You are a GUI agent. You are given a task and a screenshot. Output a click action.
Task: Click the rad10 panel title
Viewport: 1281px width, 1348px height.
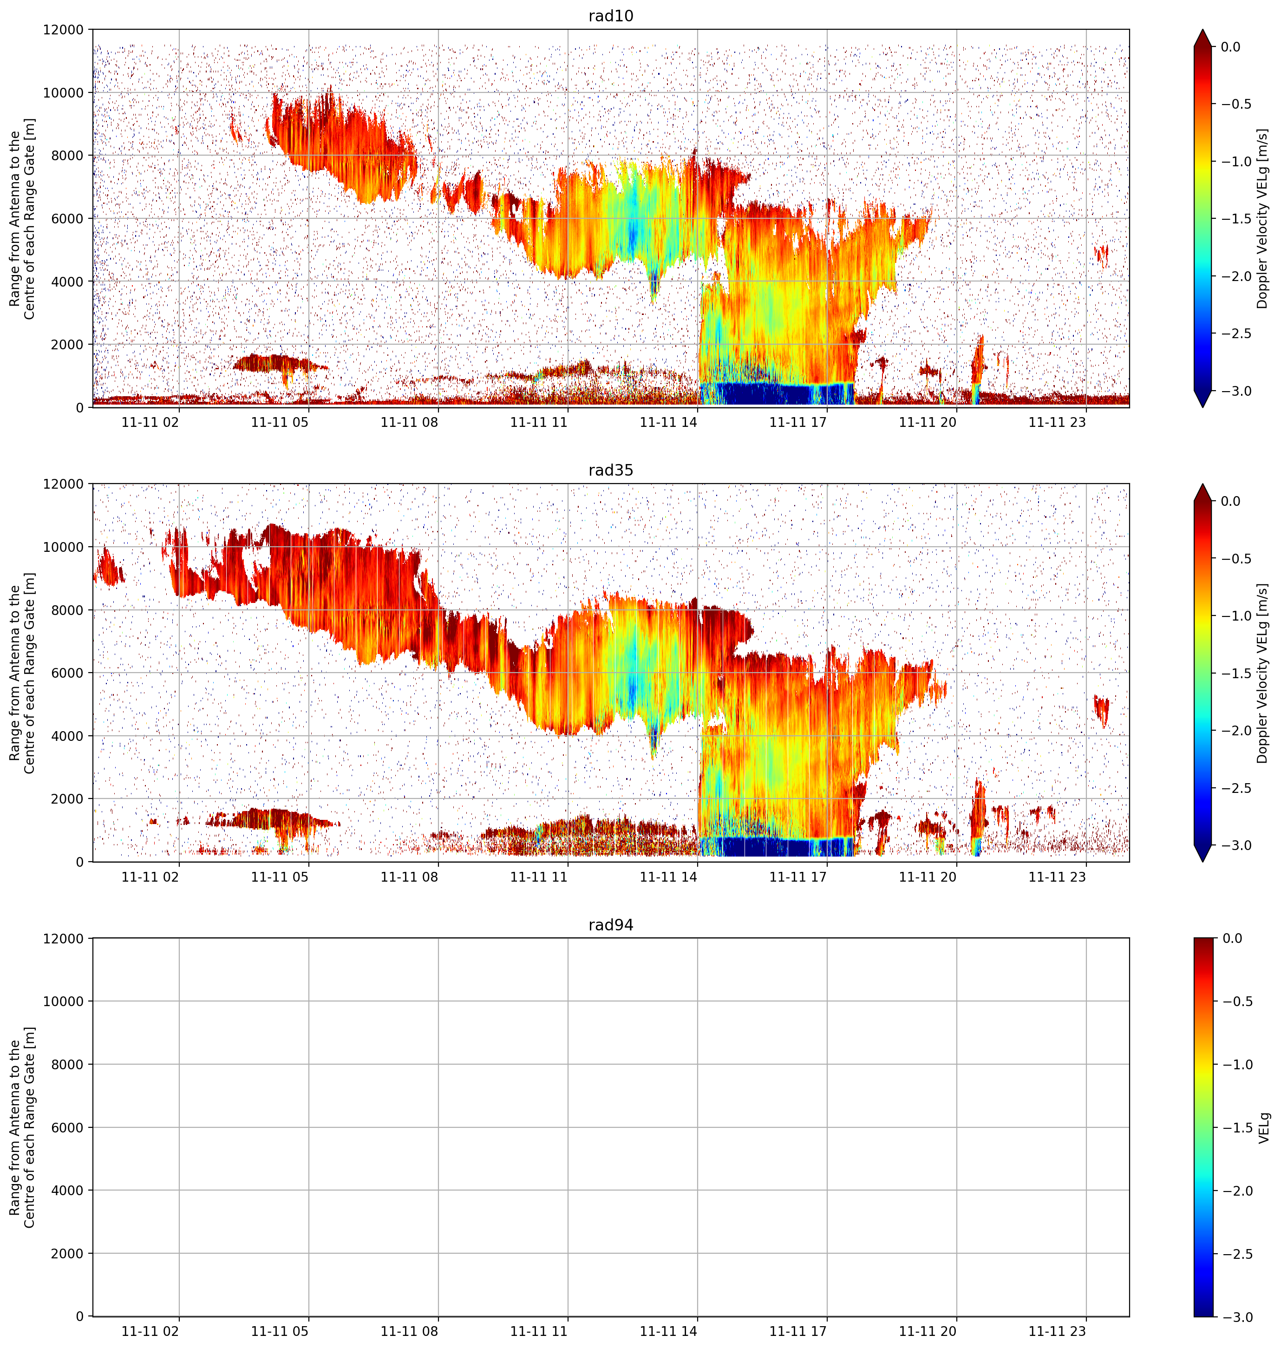tap(610, 16)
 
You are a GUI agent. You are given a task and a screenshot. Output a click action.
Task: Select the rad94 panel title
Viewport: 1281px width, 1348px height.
tap(610, 925)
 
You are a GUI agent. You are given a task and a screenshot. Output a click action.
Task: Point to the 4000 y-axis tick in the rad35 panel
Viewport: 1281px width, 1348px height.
tap(68, 736)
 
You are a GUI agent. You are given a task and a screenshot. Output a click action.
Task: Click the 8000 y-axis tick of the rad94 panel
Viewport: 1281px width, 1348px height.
tap(68, 1065)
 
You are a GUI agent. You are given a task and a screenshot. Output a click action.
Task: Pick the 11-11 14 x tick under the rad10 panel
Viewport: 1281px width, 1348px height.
tap(668, 422)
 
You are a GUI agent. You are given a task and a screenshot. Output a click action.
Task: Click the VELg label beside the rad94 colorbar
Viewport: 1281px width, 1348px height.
tap(1264, 1127)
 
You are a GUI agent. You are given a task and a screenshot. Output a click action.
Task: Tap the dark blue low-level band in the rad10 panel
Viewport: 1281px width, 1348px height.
tap(777, 394)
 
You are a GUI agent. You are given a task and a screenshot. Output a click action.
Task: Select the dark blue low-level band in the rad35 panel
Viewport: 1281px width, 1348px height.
tap(777, 847)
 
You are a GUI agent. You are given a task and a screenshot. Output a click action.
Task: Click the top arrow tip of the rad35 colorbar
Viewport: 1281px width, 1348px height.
tap(1203, 484)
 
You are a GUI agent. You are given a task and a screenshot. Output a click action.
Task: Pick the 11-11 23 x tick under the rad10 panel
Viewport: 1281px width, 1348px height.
tap(1057, 422)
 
